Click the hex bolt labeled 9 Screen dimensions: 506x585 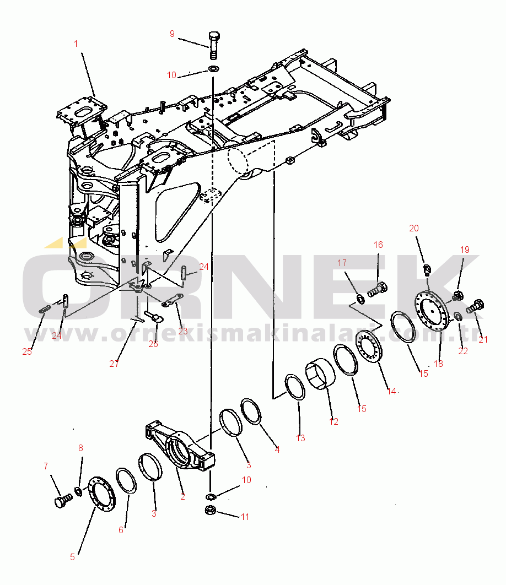(214, 46)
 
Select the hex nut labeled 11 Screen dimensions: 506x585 (211, 510)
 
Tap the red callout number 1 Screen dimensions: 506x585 (76, 44)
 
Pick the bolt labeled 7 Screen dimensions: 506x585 (63, 500)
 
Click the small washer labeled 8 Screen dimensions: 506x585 (79, 491)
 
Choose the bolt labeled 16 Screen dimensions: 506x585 (377, 290)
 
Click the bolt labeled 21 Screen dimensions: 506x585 (475, 306)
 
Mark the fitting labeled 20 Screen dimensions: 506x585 (427, 269)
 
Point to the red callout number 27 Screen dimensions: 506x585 (114, 364)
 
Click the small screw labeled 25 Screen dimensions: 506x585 (45, 310)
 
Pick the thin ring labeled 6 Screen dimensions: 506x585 (126, 480)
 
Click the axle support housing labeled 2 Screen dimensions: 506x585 (180, 447)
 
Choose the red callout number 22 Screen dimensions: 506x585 (463, 351)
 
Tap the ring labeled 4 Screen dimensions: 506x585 (251, 411)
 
